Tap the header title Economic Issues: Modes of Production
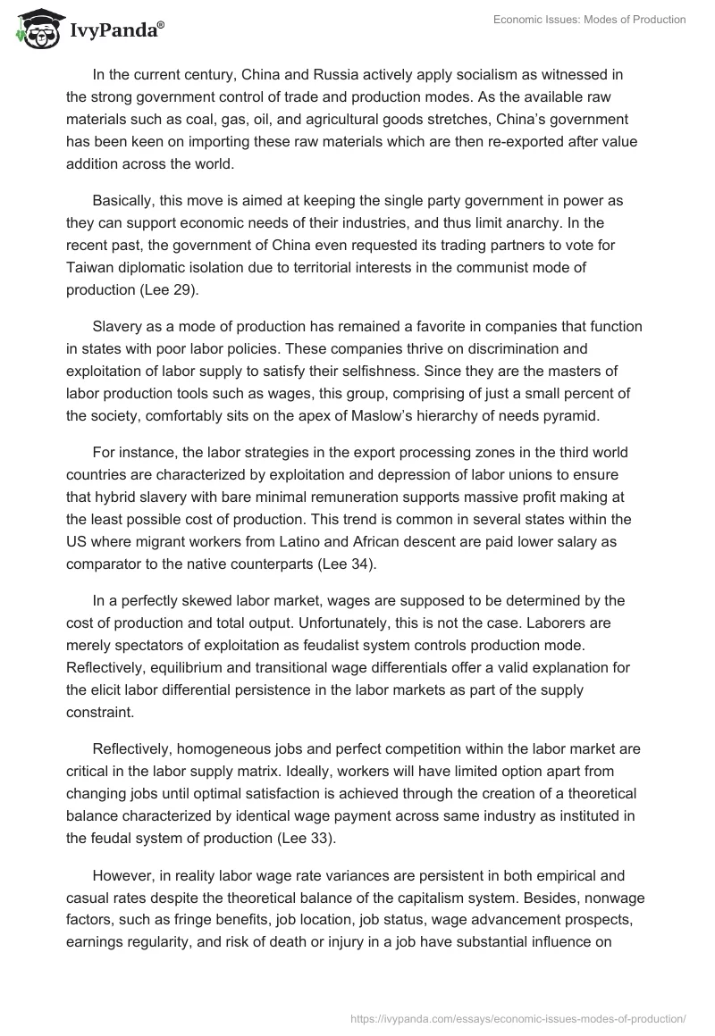point(589,20)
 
